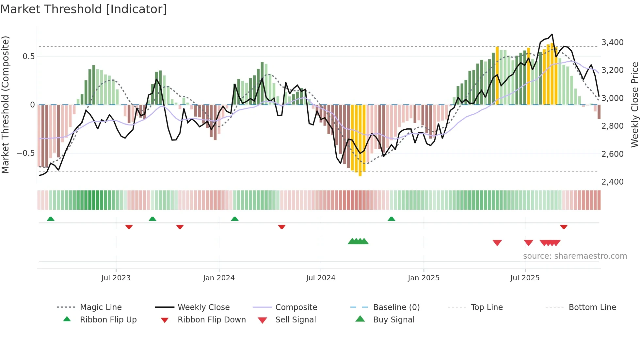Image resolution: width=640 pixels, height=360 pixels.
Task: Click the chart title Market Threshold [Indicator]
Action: [84, 9]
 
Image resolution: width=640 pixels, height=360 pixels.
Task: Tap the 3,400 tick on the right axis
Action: [612, 42]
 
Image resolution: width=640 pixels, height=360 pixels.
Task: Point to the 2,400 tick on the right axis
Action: [612, 182]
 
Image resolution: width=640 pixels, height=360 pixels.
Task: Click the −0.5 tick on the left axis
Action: [26, 153]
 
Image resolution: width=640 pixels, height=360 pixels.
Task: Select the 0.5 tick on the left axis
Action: [28, 56]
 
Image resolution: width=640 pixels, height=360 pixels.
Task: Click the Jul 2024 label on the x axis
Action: [321, 278]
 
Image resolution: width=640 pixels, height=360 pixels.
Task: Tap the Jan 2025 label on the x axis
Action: [424, 278]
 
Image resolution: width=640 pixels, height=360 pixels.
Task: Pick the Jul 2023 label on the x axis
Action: [116, 278]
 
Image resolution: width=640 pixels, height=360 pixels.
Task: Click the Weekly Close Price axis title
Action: [634, 105]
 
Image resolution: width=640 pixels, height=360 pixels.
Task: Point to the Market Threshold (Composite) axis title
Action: [5, 105]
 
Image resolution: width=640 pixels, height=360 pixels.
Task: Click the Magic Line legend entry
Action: [101, 307]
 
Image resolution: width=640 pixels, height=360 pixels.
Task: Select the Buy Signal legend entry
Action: [393, 320]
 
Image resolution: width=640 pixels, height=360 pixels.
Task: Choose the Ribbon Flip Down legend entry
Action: [212, 320]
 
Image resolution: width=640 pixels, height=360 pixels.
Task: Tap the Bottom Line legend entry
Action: [592, 307]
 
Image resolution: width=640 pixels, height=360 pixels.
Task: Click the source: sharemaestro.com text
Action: [575, 256]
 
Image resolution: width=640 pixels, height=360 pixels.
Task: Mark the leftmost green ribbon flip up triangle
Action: [51, 219]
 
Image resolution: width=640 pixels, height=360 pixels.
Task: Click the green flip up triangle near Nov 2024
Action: [392, 219]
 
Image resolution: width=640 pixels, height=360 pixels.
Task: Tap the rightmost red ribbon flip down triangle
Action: [564, 227]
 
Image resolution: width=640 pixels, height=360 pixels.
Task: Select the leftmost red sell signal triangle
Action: [497, 243]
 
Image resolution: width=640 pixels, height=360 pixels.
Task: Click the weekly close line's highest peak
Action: [552, 34]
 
